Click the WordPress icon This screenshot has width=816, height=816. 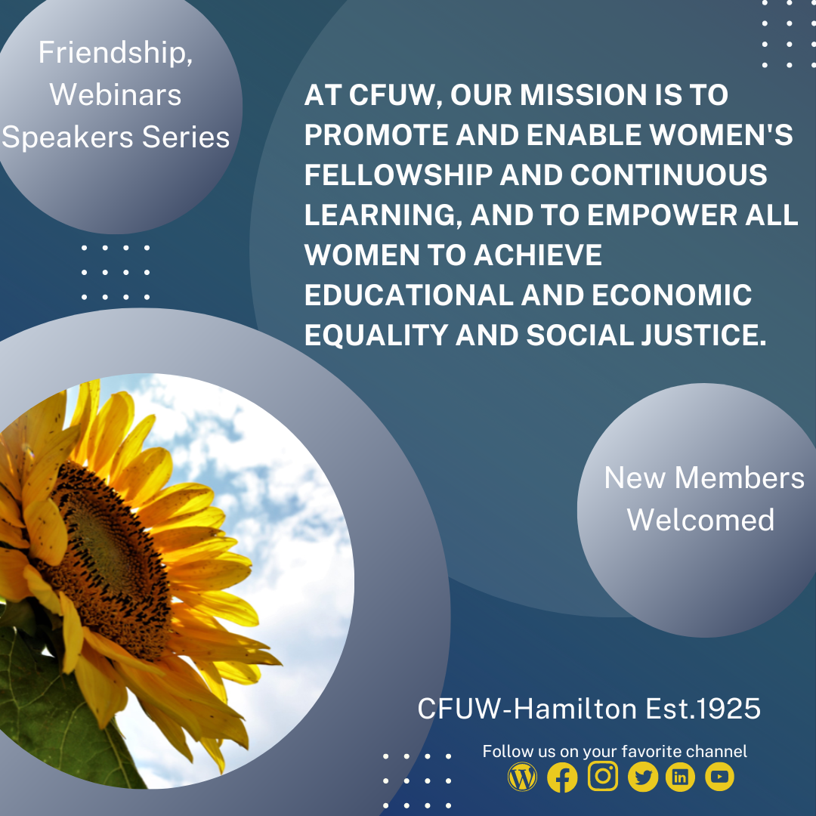[x=522, y=777]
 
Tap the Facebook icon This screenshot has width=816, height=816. [x=562, y=777]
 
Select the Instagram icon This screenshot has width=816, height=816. [x=603, y=776]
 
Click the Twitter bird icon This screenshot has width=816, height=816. [x=643, y=777]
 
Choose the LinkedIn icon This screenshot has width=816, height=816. [x=680, y=777]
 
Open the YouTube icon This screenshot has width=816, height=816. [x=719, y=777]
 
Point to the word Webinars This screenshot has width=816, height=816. [x=116, y=94]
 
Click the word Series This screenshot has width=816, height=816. [x=186, y=138]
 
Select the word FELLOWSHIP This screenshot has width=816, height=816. [x=398, y=175]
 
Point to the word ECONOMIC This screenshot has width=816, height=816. [x=672, y=295]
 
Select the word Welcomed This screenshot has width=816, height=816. [x=700, y=520]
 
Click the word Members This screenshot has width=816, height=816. [x=740, y=478]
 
